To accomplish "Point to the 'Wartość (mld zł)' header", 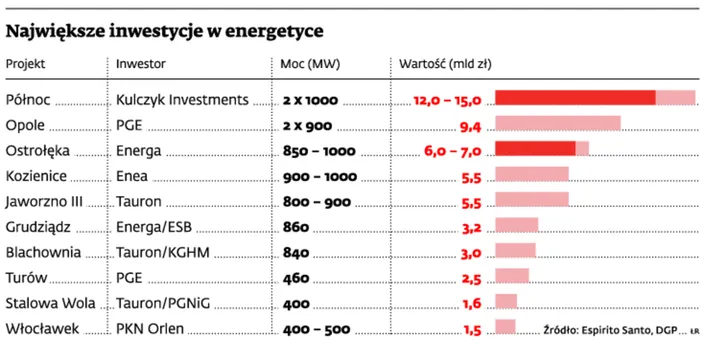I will coord(445,63).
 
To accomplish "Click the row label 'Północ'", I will coord(29,99).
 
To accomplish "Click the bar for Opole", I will coord(558,124).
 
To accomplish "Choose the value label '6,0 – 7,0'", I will coord(454,150).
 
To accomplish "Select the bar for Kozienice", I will coord(532,175).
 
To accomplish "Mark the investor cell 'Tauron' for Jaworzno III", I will coord(139,200).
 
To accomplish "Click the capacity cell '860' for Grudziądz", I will coord(296,225).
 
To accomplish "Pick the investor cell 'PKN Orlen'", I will coord(152,327).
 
